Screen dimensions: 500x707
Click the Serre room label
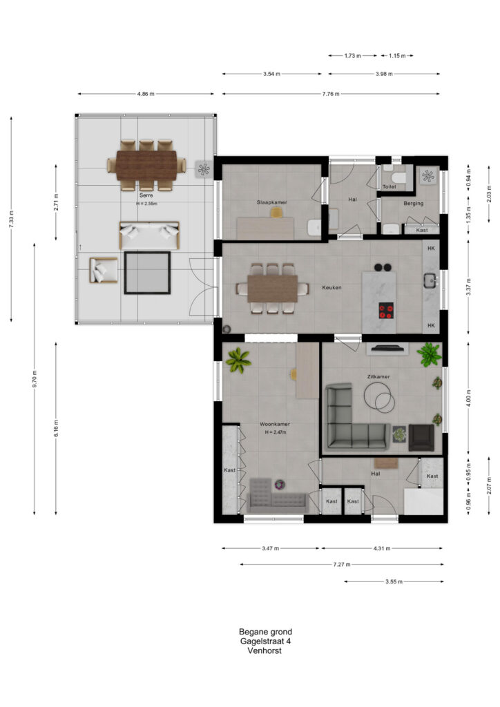146,195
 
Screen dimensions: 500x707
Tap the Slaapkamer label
272,202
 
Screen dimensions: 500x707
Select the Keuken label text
331,287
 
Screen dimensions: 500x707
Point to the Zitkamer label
378,376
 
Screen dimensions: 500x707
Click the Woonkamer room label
275,425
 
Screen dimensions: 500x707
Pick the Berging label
414,204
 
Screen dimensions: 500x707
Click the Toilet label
389,186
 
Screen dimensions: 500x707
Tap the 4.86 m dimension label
146,94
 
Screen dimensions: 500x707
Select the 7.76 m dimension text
331,94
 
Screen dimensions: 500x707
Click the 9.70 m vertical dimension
35,379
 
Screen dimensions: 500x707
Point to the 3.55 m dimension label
394,581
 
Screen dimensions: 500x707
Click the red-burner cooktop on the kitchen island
386,310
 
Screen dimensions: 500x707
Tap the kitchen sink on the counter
430,280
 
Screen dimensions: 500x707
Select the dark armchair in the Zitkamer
421,438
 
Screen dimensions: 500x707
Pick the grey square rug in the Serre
147,273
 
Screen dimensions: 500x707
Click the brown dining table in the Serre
146,165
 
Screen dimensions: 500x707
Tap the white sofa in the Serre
149,235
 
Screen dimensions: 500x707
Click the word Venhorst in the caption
265,650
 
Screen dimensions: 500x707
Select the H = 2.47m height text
275,432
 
